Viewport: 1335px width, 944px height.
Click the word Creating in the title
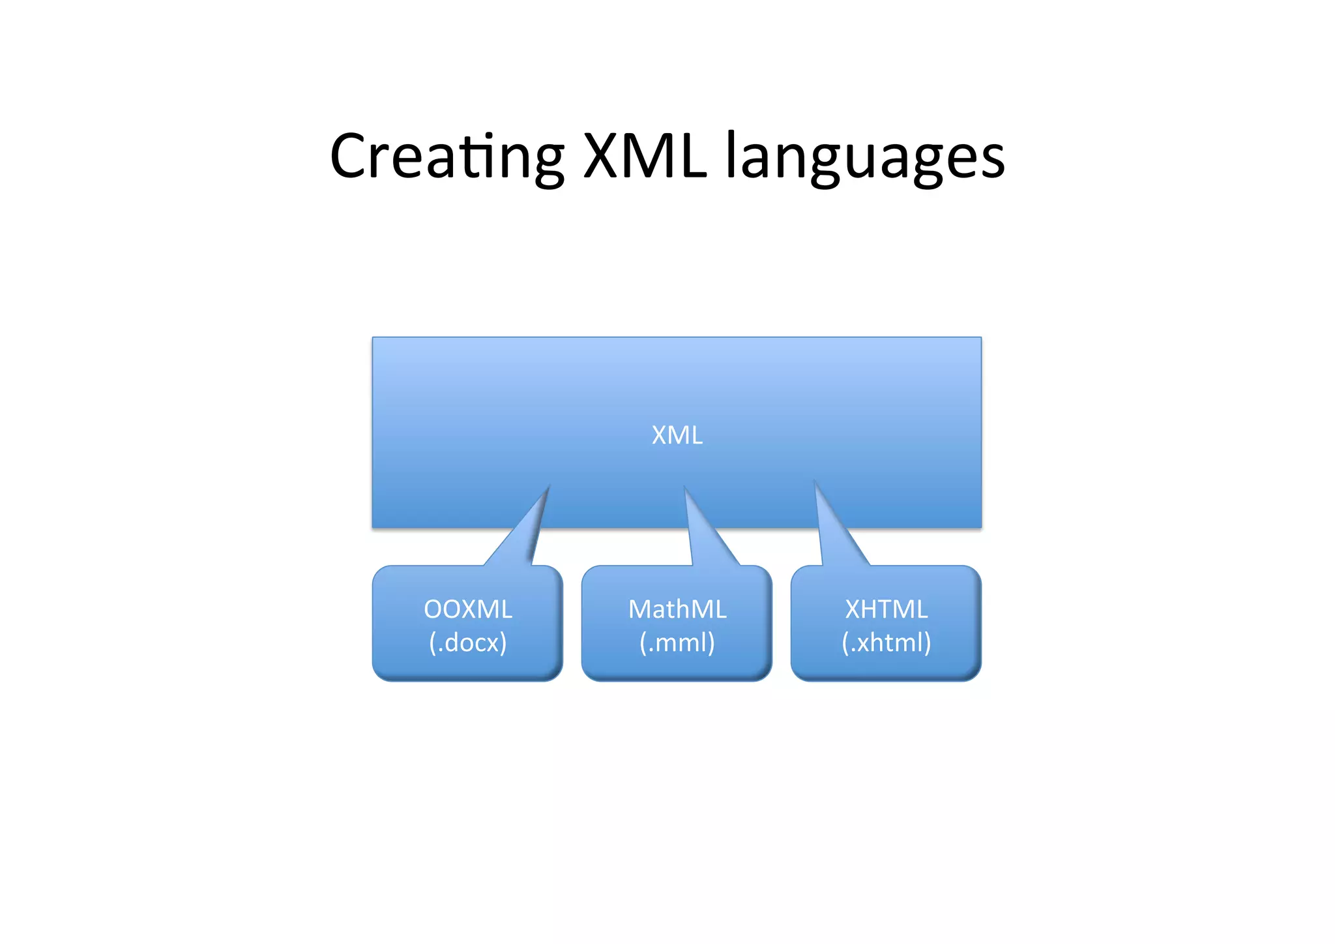[x=447, y=157]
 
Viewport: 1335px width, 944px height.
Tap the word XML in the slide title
[x=645, y=157]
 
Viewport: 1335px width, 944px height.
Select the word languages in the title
[x=865, y=159]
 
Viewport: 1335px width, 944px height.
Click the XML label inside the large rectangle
[x=677, y=435]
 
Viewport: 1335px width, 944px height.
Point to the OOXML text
[x=467, y=609]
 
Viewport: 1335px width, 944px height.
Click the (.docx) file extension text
[x=467, y=643]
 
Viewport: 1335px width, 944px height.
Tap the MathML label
[x=677, y=609]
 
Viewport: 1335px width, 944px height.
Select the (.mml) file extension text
[x=677, y=643]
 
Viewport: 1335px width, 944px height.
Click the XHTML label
[x=886, y=609]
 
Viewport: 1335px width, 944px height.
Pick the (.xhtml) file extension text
[x=886, y=643]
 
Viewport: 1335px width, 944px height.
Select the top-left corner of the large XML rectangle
[x=374, y=339]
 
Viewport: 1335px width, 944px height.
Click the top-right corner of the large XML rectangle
[x=980, y=339]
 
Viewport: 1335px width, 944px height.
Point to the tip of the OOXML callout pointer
[x=549, y=486]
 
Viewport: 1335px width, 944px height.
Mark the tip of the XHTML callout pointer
[x=815, y=482]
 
